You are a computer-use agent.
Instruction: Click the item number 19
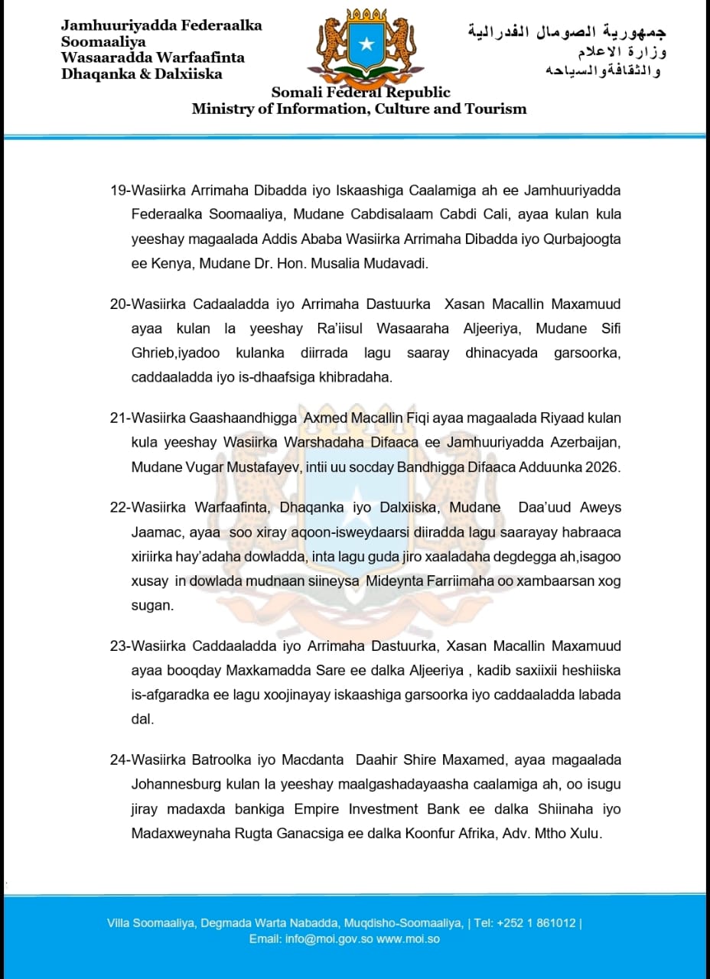[119, 190]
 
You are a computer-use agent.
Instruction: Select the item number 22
[119, 508]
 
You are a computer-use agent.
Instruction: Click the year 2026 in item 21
[604, 467]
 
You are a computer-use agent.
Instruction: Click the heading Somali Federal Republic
[361, 93]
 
